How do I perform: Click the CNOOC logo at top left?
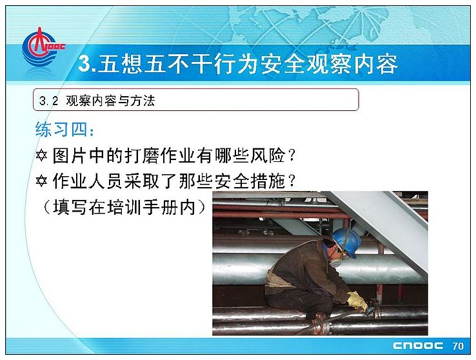42,46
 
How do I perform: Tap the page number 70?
458,346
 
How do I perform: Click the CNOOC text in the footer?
418,346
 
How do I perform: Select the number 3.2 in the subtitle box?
48,101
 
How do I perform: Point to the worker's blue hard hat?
346,241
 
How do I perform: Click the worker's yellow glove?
357,301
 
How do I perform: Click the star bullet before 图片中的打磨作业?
41,155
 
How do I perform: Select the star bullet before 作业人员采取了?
41,181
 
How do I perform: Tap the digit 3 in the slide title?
84,64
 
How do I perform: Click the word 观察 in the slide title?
329,64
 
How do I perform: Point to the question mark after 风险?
292,155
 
